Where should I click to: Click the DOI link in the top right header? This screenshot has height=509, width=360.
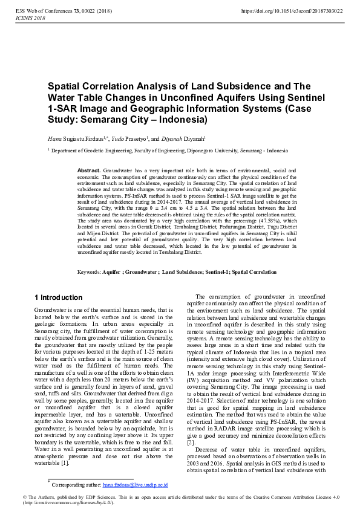point(292,11)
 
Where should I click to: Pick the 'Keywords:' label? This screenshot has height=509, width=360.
point(90,273)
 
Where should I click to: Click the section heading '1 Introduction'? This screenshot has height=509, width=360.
point(59,297)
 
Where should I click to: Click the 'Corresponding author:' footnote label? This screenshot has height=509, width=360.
point(77,484)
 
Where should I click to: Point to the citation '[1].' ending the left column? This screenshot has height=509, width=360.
point(65,462)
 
